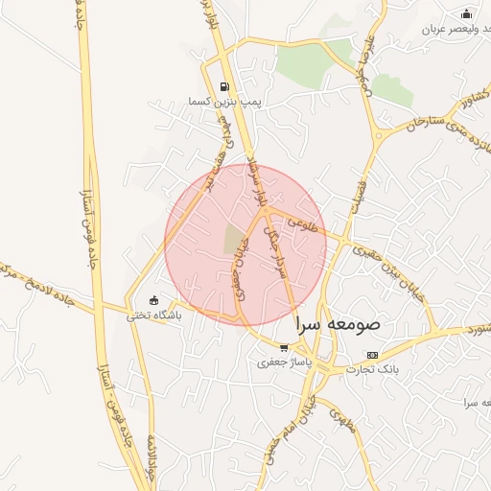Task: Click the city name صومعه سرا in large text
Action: coord(338,323)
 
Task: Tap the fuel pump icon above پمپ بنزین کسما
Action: coord(224,86)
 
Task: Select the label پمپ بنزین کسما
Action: coord(224,100)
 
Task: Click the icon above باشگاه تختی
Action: coord(153,300)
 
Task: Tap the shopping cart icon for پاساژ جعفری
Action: coord(283,348)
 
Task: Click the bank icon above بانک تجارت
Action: coord(372,354)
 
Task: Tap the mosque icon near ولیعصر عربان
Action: coord(466,13)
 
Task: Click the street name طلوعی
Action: coord(298,227)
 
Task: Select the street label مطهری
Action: coord(341,421)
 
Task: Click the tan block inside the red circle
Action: coord(234,239)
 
